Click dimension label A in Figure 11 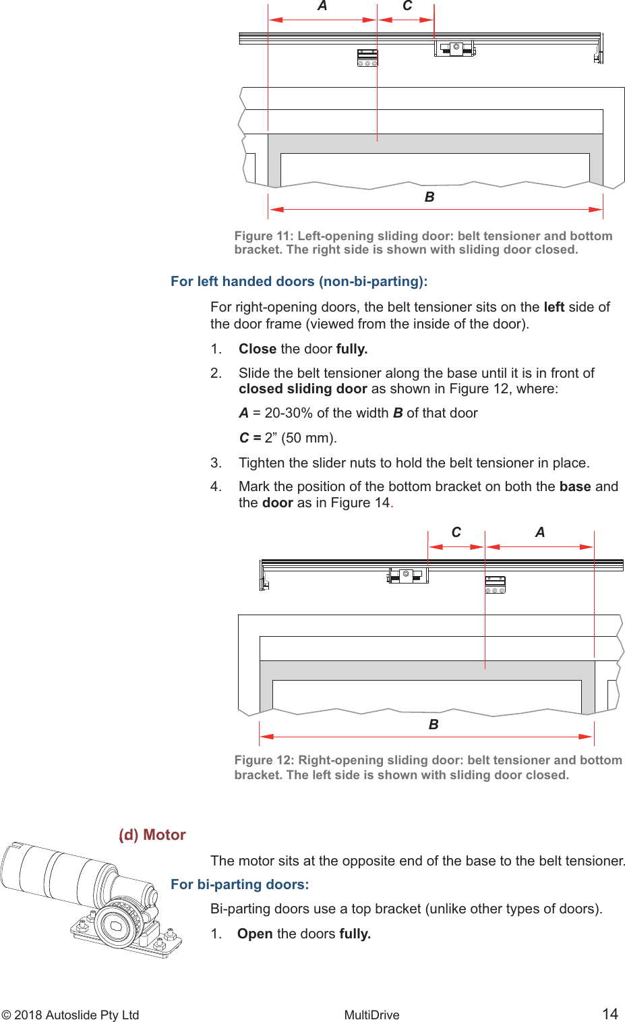click(322, 6)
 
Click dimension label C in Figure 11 click(407, 6)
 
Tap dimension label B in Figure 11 click(429, 197)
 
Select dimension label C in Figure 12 click(456, 532)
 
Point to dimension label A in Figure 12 click(540, 532)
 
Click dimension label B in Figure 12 click(434, 725)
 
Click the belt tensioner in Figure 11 click(455, 49)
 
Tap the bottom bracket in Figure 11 click(367, 58)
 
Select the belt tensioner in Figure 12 click(408, 575)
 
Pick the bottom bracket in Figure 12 click(496, 585)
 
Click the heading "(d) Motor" click(152, 834)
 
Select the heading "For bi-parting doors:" click(240, 884)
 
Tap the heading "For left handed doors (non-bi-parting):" click(299, 281)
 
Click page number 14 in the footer click(609, 1014)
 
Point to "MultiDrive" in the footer click(371, 1015)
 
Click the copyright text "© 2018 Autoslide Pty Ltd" click(70, 1015)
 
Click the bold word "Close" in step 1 click(258, 349)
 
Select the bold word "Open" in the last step click(255, 934)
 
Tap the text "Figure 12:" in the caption click(264, 760)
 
